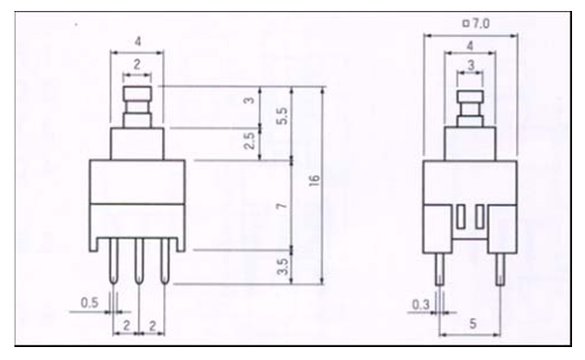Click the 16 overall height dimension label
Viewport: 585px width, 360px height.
[x=314, y=180]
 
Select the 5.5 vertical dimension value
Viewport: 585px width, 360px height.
[x=283, y=116]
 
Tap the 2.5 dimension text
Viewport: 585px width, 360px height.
[x=249, y=140]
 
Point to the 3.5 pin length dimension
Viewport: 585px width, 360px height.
[x=283, y=267]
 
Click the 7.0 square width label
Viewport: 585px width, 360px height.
[x=481, y=24]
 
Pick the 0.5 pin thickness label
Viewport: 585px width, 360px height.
[x=90, y=302]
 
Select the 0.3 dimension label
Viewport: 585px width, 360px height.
[x=421, y=304]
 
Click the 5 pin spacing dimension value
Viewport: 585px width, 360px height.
[x=473, y=323]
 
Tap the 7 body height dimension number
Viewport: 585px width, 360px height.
[x=283, y=206]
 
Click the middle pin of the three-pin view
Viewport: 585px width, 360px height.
[x=139, y=262]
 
